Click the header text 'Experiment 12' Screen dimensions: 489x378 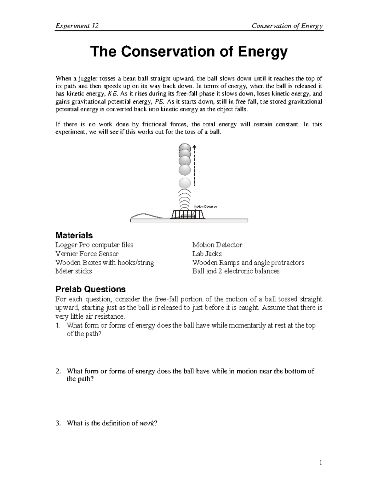(77, 26)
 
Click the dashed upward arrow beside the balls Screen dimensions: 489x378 (194, 165)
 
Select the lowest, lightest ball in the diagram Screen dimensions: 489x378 (185, 183)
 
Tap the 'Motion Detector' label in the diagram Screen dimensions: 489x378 (205, 207)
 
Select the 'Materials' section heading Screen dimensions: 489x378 (74, 235)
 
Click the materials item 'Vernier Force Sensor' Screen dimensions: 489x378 (87, 254)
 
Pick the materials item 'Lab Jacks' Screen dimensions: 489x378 (207, 254)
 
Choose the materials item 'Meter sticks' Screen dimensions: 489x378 (74, 271)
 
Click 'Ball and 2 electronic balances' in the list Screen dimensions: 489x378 (236, 271)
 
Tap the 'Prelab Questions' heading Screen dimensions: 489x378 (90, 289)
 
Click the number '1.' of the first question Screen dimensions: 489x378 (58, 326)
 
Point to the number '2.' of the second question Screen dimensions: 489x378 (58, 371)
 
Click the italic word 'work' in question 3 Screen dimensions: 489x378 (147, 423)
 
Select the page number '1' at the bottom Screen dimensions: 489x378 (321, 463)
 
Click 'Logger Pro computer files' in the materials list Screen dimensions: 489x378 (94, 245)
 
